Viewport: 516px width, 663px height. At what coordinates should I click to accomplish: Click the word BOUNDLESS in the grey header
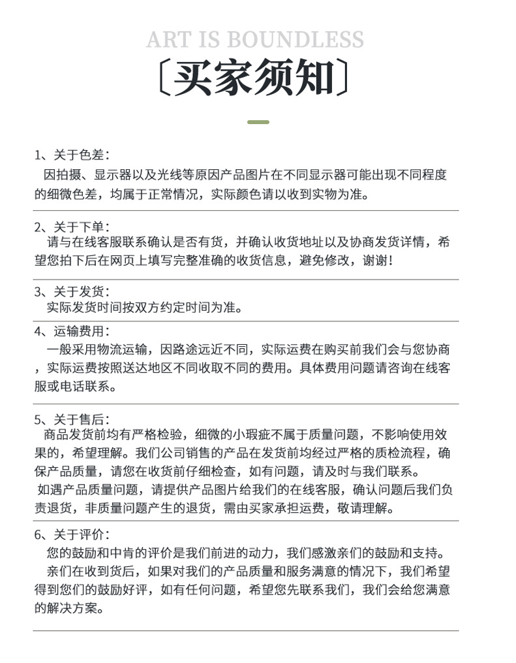point(295,39)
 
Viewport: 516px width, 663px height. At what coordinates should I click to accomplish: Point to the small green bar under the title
point(259,121)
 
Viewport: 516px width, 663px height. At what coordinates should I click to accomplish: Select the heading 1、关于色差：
point(72,155)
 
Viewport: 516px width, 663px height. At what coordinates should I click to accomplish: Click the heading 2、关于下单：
point(72,227)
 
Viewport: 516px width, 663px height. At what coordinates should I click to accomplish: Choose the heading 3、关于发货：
point(72,291)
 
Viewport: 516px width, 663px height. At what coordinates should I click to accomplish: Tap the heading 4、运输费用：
point(72,331)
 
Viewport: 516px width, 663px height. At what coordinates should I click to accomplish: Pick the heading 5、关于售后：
point(72,419)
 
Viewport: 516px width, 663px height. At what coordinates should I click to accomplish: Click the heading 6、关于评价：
point(72,534)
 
